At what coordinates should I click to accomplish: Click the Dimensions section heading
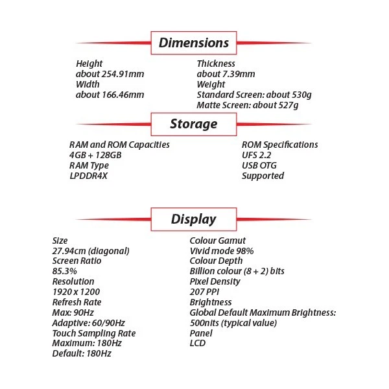pos(194,43)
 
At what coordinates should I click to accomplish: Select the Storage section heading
pos(194,124)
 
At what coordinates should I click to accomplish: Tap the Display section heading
pos(194,219)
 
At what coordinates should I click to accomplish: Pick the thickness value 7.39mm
pos(226,74)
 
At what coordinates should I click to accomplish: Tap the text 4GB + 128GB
pos(95,156)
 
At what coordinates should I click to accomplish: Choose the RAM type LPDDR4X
pos(88,176)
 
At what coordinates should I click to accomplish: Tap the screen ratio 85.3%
pos(66,271)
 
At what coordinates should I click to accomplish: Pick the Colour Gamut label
pos(218,241)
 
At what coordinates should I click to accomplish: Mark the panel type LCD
pos(197,343)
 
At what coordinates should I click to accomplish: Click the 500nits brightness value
pos(233,323)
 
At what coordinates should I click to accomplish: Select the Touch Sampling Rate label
pos(94,333)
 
